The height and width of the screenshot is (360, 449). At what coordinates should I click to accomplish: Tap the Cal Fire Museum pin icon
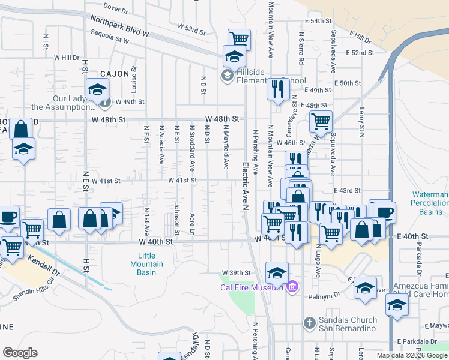pyautogui.click(x=292, y=287)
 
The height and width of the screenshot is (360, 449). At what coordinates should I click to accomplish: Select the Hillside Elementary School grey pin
pyautogui.click(x=228, y=75)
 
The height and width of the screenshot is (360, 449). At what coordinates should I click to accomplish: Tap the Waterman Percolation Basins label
pyautogui.click(x=430, y=203)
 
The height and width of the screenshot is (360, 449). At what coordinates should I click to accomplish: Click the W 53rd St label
pyautogui.click(x=192, y=28)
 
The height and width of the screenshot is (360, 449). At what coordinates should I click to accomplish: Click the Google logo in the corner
pyautogui.click(x=20, y=352)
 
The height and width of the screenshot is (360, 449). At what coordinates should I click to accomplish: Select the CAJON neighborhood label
pyautogui.click(x=115, y=74)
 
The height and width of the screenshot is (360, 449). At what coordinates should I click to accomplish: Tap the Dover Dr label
pyautogui.click(x=116, y=8)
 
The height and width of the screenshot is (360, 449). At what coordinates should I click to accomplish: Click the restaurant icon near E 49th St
pyautogui.click(x=277, y=89)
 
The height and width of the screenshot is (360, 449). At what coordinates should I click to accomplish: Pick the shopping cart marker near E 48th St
pyautogui.click(x=321, y=121)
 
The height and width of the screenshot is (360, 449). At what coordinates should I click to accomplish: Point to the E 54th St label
pyautogui.click(x=318, y=21)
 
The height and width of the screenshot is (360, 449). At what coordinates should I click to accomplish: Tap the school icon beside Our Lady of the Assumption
pyautogui.click(x=97, y=90)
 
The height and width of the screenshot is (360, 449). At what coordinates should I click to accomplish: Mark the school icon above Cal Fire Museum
pyautogui.click(x=277, y=273)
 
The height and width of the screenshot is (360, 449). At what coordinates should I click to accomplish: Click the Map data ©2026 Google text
pyautogui.click(x=411, y=355)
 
